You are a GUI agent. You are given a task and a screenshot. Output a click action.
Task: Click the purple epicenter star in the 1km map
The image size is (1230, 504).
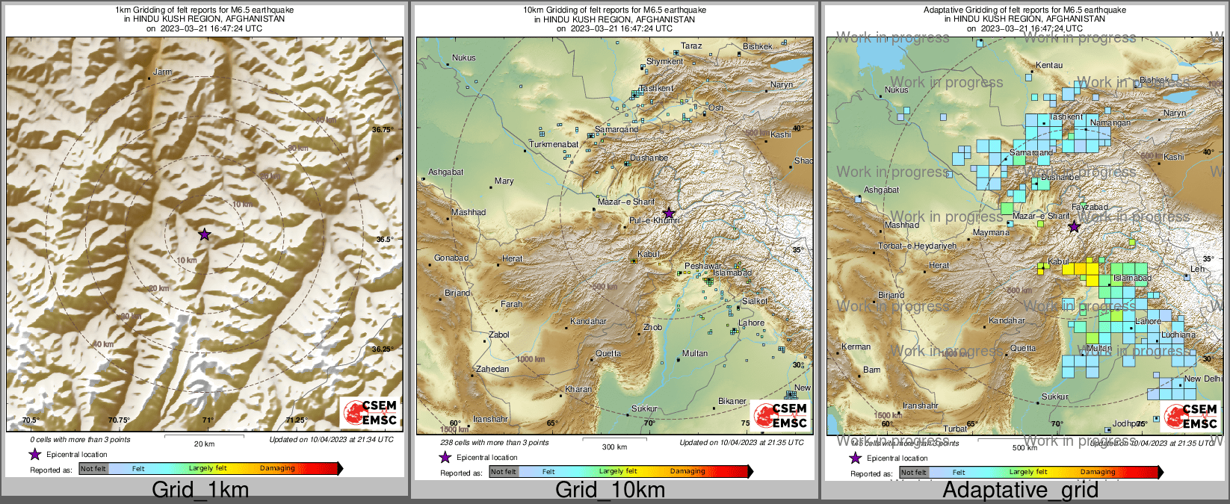205,234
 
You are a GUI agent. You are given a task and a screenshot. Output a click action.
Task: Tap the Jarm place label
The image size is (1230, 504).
162,72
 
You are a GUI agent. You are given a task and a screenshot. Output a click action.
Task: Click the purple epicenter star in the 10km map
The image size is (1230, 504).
669,214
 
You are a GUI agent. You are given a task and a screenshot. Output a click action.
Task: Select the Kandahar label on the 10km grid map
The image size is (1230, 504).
588,322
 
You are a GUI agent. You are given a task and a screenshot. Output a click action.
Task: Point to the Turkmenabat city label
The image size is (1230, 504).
554,144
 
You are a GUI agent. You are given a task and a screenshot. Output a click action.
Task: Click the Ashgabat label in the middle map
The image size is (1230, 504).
445,172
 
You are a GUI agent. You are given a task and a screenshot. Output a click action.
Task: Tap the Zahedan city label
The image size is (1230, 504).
492,369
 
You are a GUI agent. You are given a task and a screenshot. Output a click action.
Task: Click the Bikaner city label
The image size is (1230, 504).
732,401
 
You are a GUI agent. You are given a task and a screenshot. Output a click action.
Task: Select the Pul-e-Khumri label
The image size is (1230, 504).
654,221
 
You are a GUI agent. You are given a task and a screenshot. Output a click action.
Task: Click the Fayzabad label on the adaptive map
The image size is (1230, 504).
1090,207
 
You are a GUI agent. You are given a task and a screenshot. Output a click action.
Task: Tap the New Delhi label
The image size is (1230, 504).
1203,379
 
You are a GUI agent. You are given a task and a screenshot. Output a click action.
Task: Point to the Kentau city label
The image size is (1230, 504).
1048,66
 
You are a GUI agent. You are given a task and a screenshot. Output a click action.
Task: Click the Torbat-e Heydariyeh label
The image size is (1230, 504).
917,246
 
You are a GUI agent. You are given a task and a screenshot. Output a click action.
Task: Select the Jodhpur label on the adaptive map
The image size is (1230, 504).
1128,424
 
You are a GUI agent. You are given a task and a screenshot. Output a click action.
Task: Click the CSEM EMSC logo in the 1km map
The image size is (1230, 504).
370,412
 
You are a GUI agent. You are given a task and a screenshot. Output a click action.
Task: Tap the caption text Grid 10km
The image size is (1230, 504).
610,490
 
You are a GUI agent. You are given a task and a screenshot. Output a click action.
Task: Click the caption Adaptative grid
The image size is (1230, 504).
1020,490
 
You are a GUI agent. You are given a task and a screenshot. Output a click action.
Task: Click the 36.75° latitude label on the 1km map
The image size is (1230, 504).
383,130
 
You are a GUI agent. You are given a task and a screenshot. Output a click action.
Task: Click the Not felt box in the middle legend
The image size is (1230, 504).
503,471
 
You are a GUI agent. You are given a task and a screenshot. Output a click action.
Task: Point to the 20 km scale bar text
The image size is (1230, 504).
204,444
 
